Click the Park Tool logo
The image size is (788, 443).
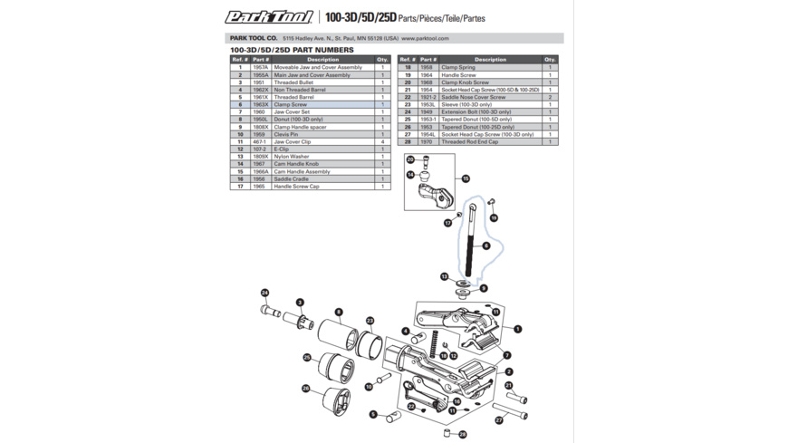click(269, 16)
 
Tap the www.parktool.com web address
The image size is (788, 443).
click(425, 39)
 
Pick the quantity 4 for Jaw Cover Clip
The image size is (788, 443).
click(383, 142)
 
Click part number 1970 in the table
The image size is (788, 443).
click(426, 142)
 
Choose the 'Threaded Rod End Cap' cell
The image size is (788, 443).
click(490, 142)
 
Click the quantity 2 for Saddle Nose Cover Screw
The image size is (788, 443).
click(550, 98)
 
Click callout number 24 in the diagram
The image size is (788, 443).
click(265, 293)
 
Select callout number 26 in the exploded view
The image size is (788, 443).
click(306, 389)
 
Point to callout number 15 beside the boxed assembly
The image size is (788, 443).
click(466, 179)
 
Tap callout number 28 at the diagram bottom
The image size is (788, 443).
click(463, 434)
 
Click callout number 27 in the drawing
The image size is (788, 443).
click(499, 420)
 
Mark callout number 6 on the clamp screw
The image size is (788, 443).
click(486, 246)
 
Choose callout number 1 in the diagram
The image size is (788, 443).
click(517, 329)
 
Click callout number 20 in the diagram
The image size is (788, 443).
click(410, 159)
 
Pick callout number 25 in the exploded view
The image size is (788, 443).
click(307, 358)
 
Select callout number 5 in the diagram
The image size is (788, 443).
click(372, 414)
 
